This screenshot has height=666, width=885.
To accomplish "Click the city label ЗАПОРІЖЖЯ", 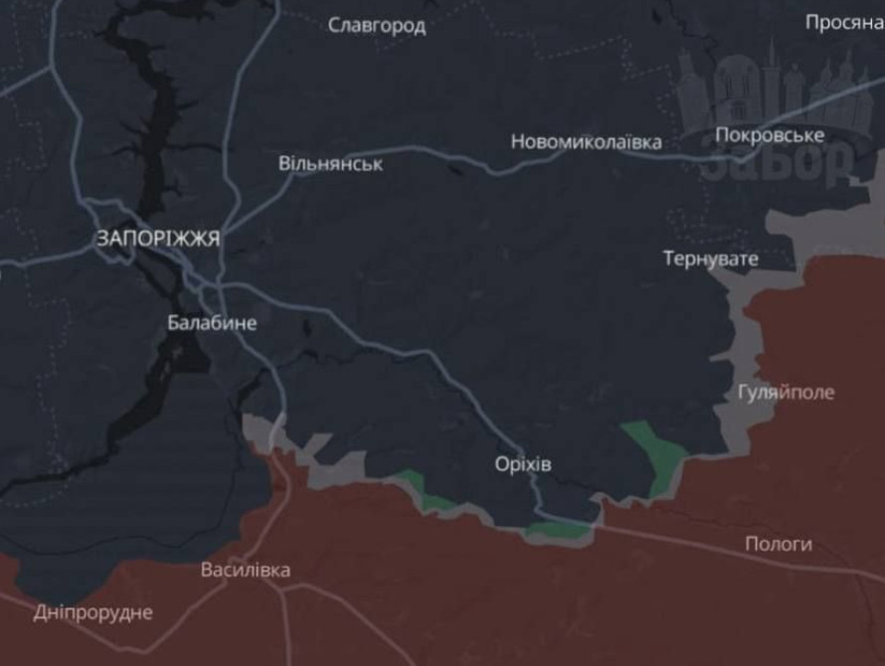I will point(158,239).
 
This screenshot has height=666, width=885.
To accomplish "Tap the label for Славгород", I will point(377,26).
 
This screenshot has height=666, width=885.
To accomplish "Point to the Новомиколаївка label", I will point(586,142).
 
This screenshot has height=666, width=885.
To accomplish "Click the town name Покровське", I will point(769,135).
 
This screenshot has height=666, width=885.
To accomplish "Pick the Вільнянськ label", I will point(330,164).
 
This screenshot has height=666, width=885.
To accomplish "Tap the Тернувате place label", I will point(710,259).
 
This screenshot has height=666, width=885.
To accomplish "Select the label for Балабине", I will point(211,323).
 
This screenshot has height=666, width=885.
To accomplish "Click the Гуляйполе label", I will point(786,392).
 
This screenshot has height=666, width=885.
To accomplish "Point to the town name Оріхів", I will point(523,464).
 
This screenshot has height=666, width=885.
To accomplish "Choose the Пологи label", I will point(778,544).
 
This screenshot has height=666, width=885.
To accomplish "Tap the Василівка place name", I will point(246,571).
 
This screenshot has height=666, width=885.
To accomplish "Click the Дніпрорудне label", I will point(93,612).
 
